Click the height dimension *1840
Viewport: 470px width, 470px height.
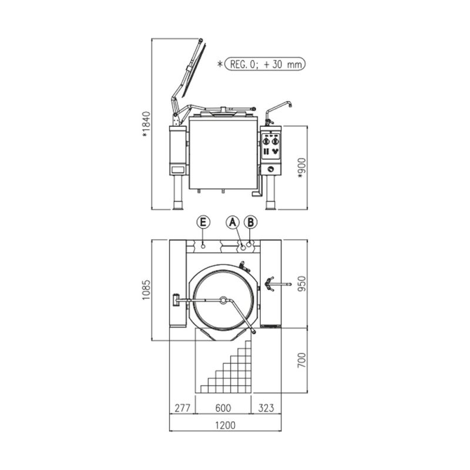pyautogui.click(x=146, y=125)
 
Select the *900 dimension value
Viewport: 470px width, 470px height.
pyautogui.click(x=302, y=168)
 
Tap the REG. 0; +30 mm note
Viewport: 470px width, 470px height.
pyautogui.click(x=265, y=64)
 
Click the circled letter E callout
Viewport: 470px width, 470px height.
pyautogui.click(x=203, y=223)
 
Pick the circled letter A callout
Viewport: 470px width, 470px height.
pyautogui.click(x=233, y=223)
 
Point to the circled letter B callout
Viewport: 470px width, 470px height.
pyautogui.click(x=251, y=223)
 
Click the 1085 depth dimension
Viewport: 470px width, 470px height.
pyautogui.click(x=146, y=290)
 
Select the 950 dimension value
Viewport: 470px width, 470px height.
pyautogui.click(x=302, y=284)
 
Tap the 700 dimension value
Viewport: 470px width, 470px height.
pyautogui.click(x=302, y=360)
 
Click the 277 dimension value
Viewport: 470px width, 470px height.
pyautogui.click(x=182, y=408)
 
